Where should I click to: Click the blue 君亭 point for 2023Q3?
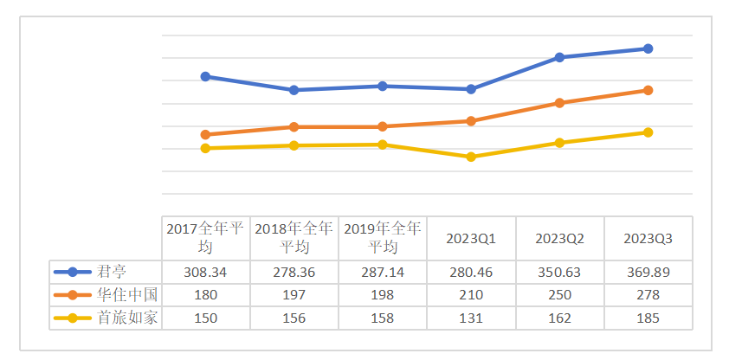(648, 48)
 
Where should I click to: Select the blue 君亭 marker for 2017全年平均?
(205, 76)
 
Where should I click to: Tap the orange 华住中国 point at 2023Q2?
(559, 103)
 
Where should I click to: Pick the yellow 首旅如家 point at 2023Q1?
(471, 157)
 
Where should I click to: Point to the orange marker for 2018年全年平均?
(294, 126)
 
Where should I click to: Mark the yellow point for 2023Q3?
(648, 132)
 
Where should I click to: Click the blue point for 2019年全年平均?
(383, 86)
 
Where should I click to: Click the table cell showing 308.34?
(206, 272)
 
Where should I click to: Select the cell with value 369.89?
(648, 272)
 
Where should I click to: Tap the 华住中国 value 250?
(559, 294)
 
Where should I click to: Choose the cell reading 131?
(471, 317)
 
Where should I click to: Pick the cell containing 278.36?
(294, 272)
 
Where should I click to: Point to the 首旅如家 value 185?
(648, 317)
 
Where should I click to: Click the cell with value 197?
(294, 294)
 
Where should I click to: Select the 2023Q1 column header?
(471, 238)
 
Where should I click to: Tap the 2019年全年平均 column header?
(383, 238)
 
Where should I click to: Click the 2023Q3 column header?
(648, 238)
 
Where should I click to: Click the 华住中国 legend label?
(126, 294)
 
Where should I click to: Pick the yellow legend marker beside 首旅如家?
(73, 317)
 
